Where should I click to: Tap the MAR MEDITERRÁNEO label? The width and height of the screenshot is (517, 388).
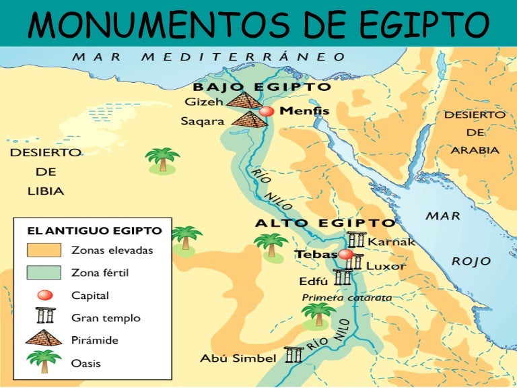[x=209, y=57]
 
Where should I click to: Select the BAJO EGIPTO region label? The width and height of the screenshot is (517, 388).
[x=262, y=87]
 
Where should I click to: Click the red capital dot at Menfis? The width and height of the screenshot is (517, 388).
[x=267, y=111]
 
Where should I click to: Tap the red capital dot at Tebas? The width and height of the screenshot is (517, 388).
[x=345, y=254]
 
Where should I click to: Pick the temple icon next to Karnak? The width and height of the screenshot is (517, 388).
[x=357, y=240]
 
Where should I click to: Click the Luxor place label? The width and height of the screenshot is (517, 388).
[x=386, y=266]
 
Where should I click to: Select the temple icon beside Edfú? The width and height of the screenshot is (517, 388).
[x=342, y=277]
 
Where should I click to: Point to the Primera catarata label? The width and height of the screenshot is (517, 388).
[x=347, y=297]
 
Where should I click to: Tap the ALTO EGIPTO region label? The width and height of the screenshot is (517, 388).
[x=325, y=223]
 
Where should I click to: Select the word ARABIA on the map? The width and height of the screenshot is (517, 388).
[x=475, y=150]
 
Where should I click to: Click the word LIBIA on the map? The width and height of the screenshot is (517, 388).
[x=46, y=191]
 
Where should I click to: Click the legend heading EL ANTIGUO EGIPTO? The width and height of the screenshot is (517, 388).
[x=94, y=230]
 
